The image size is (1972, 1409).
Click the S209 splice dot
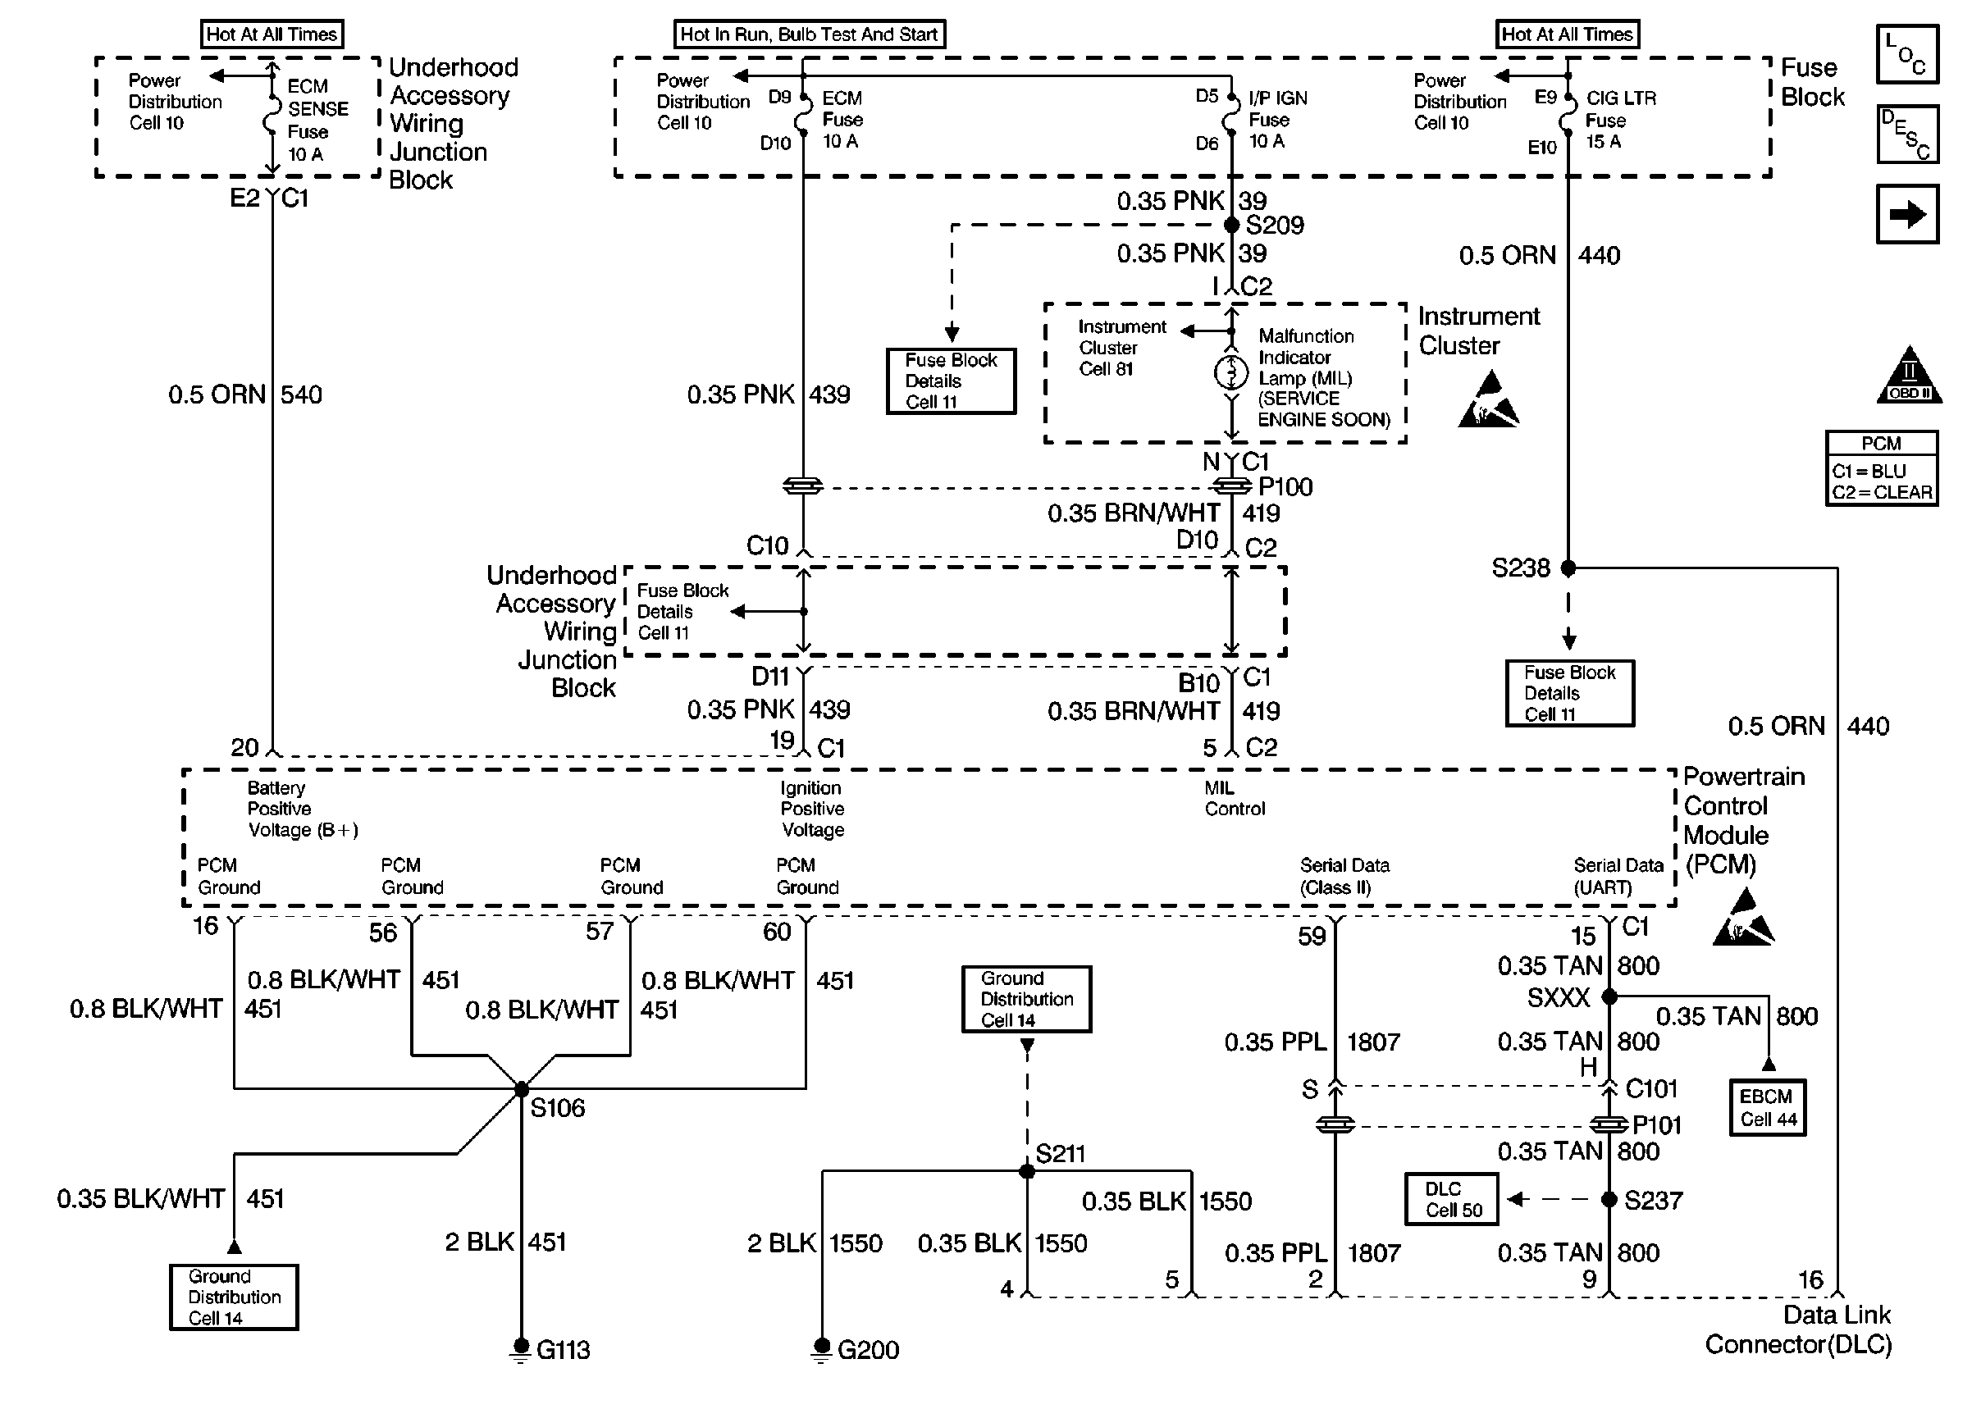pyautogui.click(x=1231, y=225)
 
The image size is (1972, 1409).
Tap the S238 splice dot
pyautogui.click(x=1568, y=568)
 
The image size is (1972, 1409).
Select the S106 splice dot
pyautogui.click(x=522, y=1089)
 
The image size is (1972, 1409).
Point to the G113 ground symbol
pyautogui.click(x=521, y=1349)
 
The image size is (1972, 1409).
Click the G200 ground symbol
pyautogui.click(x=821, y=1349)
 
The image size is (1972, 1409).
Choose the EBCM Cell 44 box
pyautogui.click(x=1767, y=1108)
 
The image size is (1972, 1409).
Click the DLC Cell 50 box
pyautogui.click(x=1451, y=1199)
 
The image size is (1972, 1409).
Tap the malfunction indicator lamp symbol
pyautogui.click(x=1231, y=372)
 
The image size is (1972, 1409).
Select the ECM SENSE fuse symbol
pyautogui.click(x=272, y=117)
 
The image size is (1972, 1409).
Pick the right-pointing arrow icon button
pyautogui.click(x=1907, y=213)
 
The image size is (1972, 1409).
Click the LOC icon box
pyautogui.click(x=1907, y=54)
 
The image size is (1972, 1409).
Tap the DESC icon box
pyautogui.click(x=1907, y=134)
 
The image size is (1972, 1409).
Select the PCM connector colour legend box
pyautogui.click(x=1882, y=467)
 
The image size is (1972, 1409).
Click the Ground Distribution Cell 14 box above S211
pyautogui.click(x=1026, y=999)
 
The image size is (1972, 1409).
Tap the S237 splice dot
pyautogui.click(x=1609, y=1199)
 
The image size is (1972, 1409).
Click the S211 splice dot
pyautogui.click(x=1026, y=1171)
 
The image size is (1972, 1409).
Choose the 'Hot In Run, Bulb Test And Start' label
pyautogui.click(x=810, y=34)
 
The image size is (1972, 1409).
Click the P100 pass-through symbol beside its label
pyautogui.click(x=1231, y=486)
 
